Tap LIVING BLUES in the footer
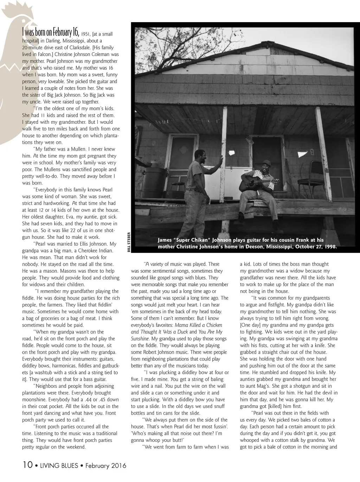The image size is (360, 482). pyautogui.click(x=58, y=466)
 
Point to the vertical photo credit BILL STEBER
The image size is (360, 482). pyautogui.click(x=129, y=242)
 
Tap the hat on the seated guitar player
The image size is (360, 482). pyautogui.click(x=267, y=162)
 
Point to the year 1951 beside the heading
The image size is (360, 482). pyautogui.click(x=86, y=34)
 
